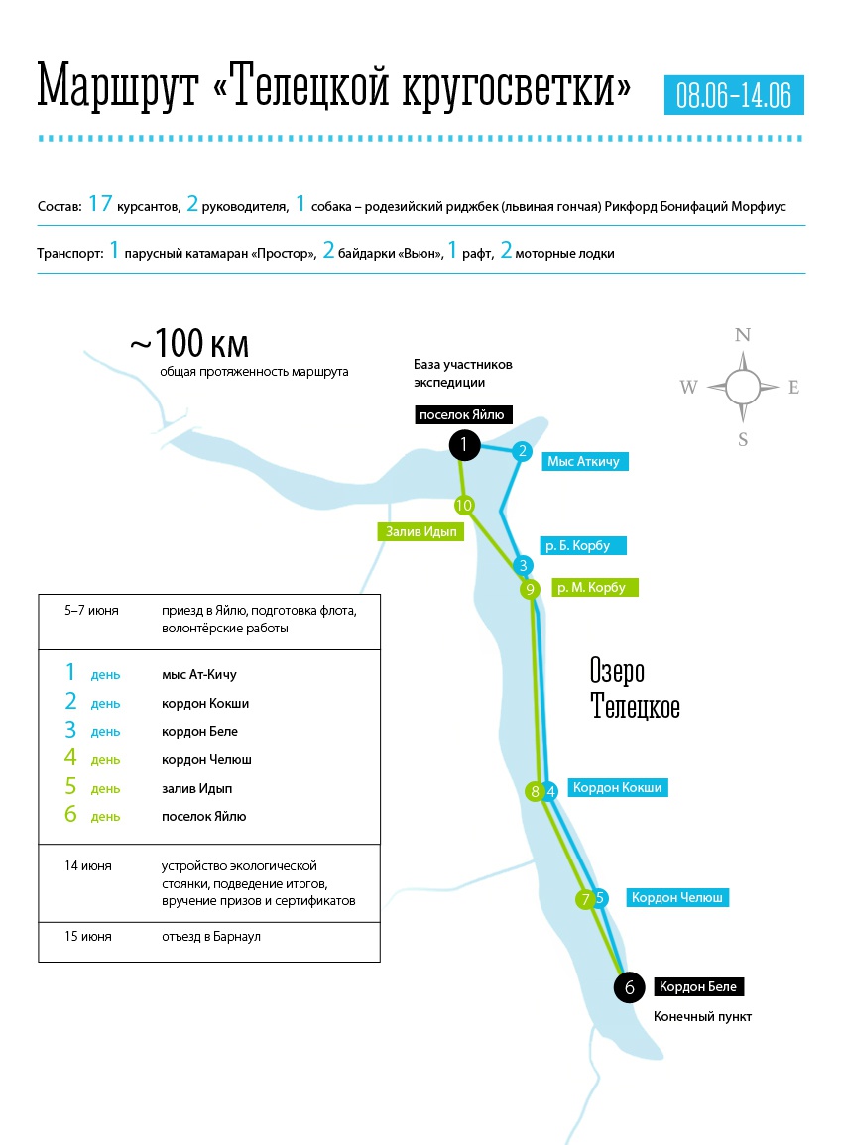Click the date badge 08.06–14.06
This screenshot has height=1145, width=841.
click(734, 95)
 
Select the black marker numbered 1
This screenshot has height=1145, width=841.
click(464, 446)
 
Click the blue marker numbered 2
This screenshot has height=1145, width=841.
click(522, 452)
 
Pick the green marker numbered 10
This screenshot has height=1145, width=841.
click(463, 506)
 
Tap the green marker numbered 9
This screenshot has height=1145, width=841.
click(531, 589)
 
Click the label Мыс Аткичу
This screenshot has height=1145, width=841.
click(588, 461)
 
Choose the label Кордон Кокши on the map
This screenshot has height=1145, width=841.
click(617, 787)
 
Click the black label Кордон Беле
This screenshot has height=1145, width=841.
click(698, 987)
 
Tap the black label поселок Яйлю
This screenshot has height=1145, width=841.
click(461, 415)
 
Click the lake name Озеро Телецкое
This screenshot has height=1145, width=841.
click(635, 690)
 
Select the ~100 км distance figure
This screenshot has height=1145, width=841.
click(188, 345)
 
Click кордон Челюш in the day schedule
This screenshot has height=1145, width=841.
click(206, 759)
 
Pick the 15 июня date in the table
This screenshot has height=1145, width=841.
click(88, 936)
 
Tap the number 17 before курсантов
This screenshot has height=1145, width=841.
click(100, 205)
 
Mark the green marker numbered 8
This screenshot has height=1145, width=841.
click(536, 791)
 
